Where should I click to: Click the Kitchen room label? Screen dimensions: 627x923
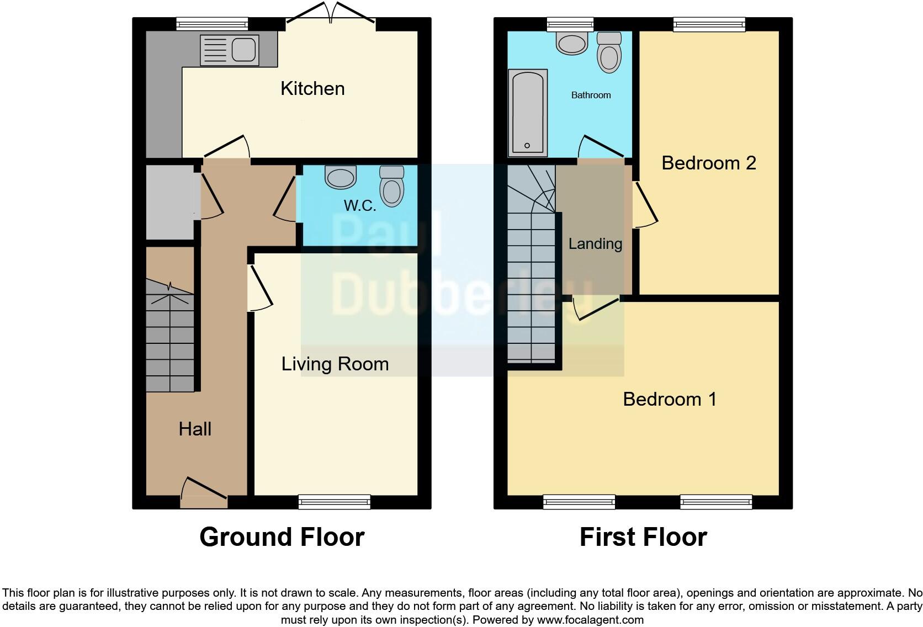tap(312, 88)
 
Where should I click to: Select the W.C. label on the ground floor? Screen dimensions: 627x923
tap(360, 206)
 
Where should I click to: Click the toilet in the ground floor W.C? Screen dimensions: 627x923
tap(392, 187)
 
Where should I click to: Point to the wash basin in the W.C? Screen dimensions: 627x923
tap(341, 178)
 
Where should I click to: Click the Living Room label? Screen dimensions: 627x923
tap(335, 364)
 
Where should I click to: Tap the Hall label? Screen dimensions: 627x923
tap(195, 429)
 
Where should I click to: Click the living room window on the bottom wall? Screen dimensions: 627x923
tap(334, 502)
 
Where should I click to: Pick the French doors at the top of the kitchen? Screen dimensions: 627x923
tap(331, 14)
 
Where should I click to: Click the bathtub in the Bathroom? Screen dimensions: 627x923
tap(528, 113)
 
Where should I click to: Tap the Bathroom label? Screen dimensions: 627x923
tap(591, 95)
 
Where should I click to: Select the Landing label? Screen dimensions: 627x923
tap(595, 243)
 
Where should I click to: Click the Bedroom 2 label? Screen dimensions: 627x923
tap(708, 163)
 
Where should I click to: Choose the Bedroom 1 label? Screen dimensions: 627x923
tap(670, 399)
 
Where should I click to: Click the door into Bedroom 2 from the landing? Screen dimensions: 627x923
tap(644, 205)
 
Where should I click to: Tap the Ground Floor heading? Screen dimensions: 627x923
tap(282, 537)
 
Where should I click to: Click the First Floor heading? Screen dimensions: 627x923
tap(643, 537)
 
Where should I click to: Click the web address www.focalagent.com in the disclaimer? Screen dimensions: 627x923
tap(590, 620)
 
